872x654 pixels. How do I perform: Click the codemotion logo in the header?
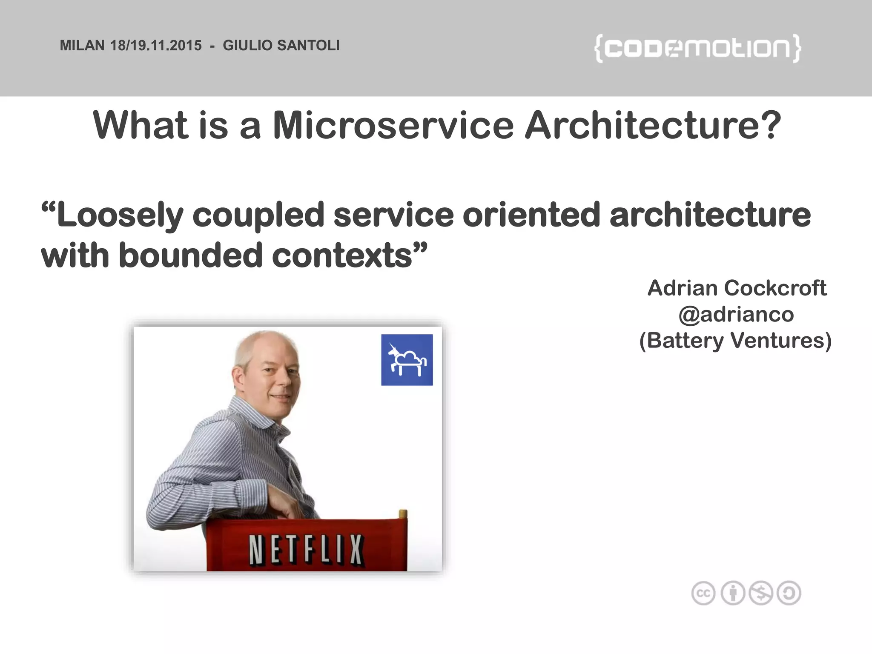tap(697, 49)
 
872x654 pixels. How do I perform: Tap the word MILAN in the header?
tap(82, 45)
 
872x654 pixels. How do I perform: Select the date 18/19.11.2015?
tap(156, 45)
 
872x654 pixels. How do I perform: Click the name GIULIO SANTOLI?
tap(281, 45)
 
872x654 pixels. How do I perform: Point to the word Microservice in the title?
tap(393, 125)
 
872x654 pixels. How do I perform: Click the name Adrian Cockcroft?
tap(737, 288)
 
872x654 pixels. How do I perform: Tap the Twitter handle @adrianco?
tap(736, 315)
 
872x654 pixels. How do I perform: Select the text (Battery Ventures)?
tap(735, 341)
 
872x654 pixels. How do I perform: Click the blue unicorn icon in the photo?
tap(407, 360)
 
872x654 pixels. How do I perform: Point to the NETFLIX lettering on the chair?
tap(306, 550)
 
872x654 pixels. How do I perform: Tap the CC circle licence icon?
tap(703, 593)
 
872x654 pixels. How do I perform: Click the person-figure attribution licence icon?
tap(733, 593)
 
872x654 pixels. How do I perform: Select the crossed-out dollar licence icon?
tap(761, 593)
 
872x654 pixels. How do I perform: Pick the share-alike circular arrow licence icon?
tap(789, 593)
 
